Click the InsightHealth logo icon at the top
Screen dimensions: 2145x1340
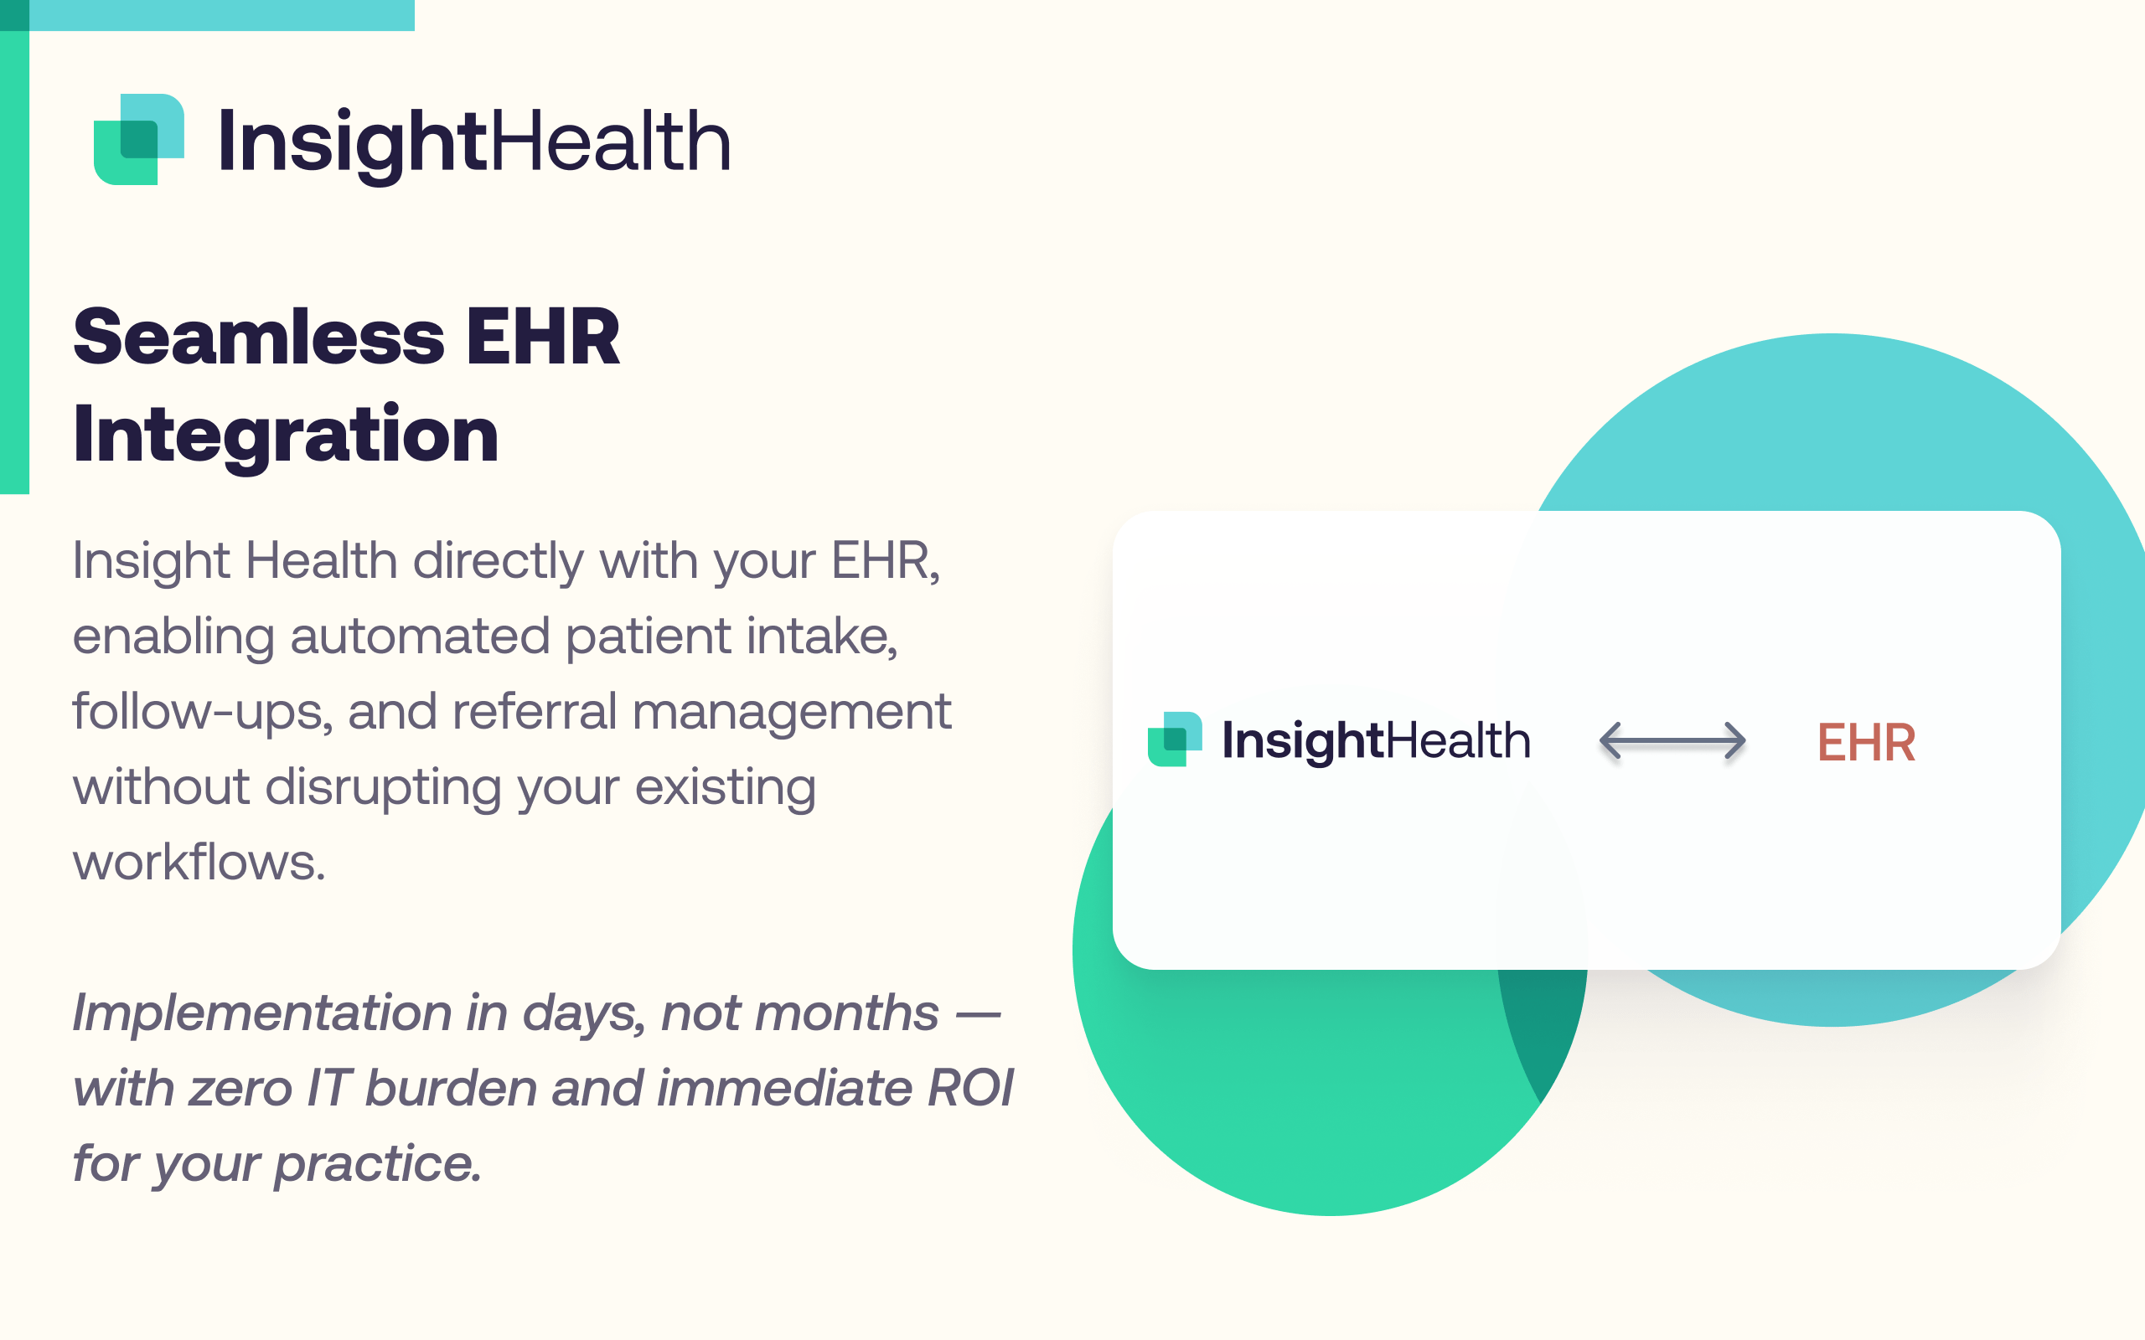tap(139, 139)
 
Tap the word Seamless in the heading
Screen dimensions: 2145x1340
tap(259, 337)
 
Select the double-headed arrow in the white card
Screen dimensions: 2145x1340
tap(1672, 741)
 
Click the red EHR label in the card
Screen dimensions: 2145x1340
tap(1866, 742)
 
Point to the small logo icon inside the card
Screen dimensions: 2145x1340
tap(1175, 740)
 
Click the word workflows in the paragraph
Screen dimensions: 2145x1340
tap(199, 862)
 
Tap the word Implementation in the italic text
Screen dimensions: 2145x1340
tap(262, 1014)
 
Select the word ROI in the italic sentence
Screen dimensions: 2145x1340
tap(969, 1087)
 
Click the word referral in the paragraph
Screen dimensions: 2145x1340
tap(535, 711)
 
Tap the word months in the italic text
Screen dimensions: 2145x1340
tap(846, 1013)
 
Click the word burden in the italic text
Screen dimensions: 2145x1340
tap(451, 1087)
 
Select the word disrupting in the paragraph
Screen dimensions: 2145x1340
tap(383, 788)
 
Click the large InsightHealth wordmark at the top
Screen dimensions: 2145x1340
tap(474, 142)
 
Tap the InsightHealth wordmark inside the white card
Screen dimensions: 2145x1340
tap(1376, 741)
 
